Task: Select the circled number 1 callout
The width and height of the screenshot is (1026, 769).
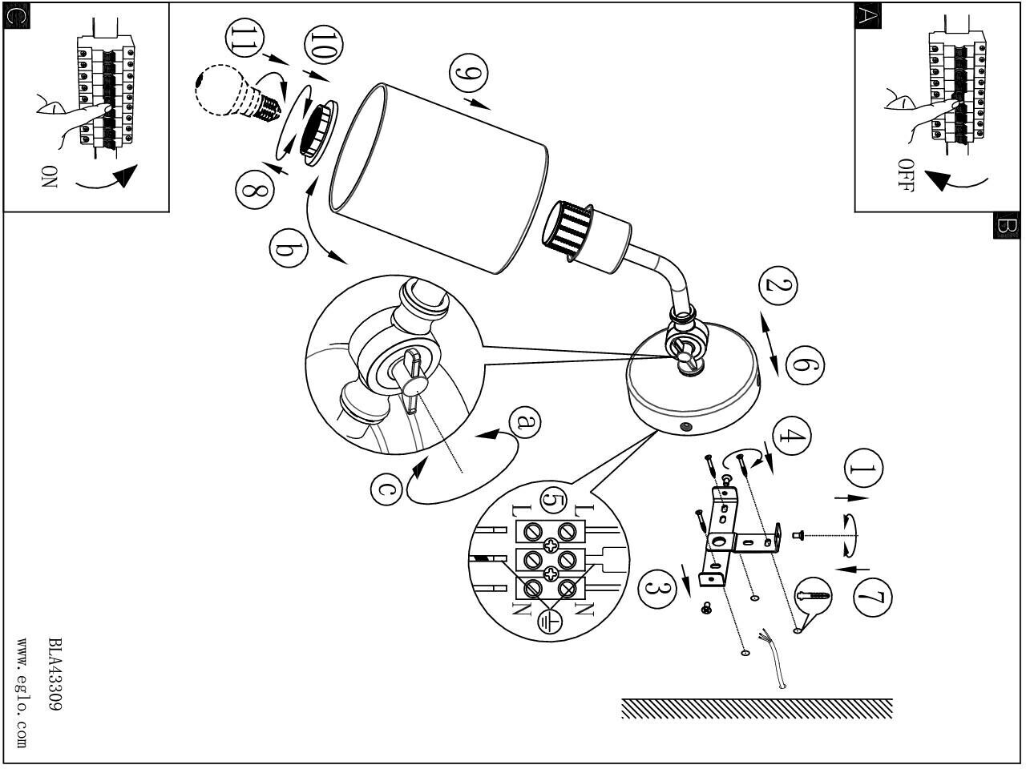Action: pyautogui.click(x=862, y=470)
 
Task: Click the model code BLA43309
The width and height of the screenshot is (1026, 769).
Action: pyautogui.click(x=55, y=674)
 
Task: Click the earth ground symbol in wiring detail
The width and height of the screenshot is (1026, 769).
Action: pyautogui.click(x=550, y=621)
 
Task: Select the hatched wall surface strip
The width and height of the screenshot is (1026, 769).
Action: pyautogui.click(x=757, y=708)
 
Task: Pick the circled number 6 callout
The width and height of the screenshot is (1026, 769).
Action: pyautogui.click(x=805, y=364)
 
